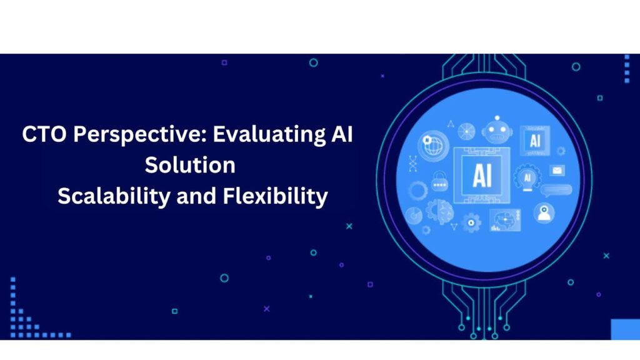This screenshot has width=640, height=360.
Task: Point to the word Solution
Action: (x=190, y=165)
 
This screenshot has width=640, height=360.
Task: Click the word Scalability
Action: (x=114, y=197)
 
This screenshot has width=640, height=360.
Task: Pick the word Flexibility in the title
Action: (x=275, y=197)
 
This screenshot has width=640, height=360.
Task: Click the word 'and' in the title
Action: (x=196, y=196)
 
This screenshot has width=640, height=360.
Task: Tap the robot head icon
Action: (x=497, y=130)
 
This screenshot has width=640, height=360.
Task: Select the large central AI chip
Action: (x=482, y=176)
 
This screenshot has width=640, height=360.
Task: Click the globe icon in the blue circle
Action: (x=433, y=145)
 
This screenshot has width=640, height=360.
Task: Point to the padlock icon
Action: (x=439, y=182)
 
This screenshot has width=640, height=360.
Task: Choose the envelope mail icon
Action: (x=557, y=170)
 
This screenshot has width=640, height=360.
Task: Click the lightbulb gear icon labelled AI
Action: (x=527, y=177)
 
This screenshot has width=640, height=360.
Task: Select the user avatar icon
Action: (x=544, y=212)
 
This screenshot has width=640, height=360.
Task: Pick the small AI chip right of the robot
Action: (x=535, y=141)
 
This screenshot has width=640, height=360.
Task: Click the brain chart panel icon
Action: (x=505, y=220)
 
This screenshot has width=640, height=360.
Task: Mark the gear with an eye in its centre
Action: (x=471, y=223)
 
